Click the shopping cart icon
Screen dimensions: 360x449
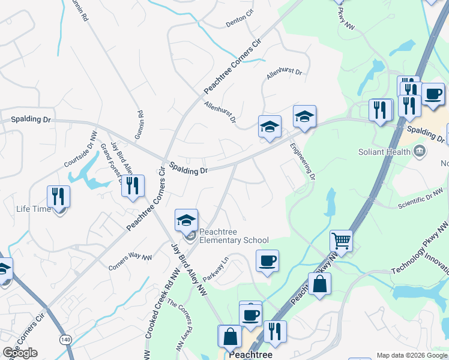341,241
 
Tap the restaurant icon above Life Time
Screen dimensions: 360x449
58,196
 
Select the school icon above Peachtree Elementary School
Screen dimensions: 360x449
186,220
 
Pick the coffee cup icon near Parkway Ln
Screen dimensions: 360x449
267,260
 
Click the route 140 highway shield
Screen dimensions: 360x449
64,340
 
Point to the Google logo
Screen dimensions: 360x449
20,353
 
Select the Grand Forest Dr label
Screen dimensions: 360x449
112,161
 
